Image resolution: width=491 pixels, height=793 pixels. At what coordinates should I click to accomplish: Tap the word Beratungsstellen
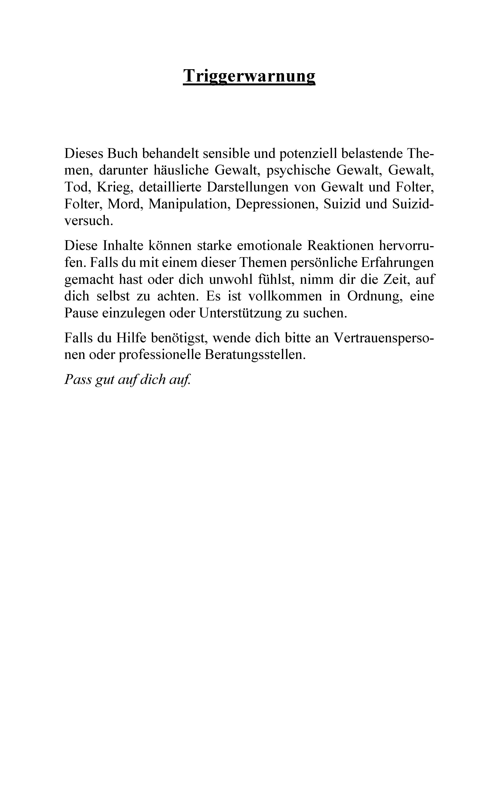[x=255, y=354]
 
